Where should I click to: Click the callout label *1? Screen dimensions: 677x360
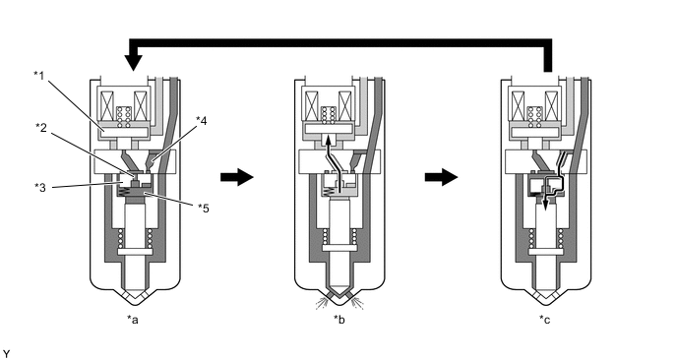[x=38, y=76]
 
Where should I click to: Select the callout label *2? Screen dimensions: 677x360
[x=41, y=127]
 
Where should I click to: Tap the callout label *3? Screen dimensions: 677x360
[x=40, y=187]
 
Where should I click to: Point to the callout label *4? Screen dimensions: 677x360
[x=201, y=121]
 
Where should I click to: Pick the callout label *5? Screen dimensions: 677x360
[x=204, y=209]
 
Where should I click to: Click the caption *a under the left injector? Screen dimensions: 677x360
[x=133, y=320]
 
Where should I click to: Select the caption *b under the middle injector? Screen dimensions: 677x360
[x=338, y=320]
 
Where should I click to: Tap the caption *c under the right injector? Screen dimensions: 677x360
[x=544, y=320]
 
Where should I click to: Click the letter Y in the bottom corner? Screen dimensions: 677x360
[x=6, y=354]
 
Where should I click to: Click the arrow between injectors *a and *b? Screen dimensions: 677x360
[x=236, y=177]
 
